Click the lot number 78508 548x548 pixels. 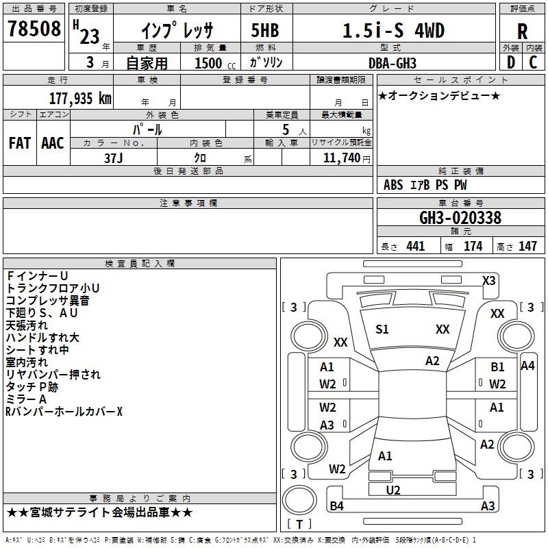34,29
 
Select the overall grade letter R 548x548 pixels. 522,32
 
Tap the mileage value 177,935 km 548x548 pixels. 80,98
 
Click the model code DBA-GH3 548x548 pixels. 393,63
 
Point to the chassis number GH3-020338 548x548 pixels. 460,218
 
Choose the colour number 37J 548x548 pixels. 114,158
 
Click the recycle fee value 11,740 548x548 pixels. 341,158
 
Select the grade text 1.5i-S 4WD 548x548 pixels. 393,30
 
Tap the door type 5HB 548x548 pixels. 265,30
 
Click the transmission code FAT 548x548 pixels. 20,143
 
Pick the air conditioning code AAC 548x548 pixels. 53,143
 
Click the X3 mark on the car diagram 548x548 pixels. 488,281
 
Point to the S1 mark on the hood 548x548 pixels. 382,329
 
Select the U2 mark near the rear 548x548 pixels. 393,490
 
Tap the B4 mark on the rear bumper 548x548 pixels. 336,506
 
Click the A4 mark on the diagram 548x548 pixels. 527,366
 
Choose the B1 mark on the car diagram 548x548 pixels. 497,367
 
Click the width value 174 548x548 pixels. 473,246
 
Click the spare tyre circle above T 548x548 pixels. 299,500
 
